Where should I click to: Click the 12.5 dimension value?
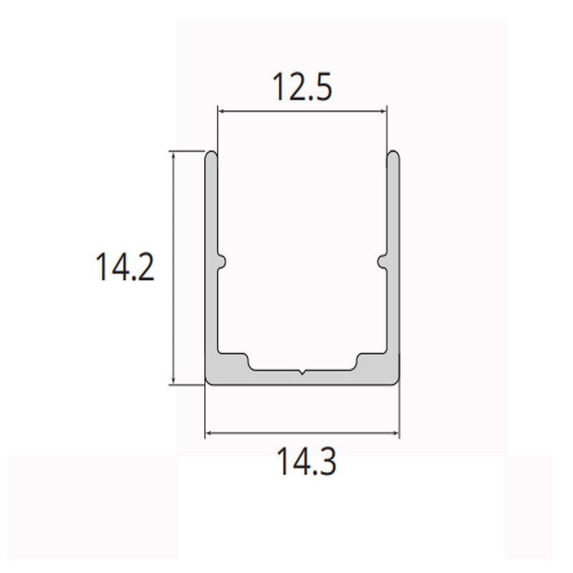(302, 88)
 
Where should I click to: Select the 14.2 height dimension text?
(125, 268)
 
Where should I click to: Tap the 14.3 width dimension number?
(306, 463)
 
